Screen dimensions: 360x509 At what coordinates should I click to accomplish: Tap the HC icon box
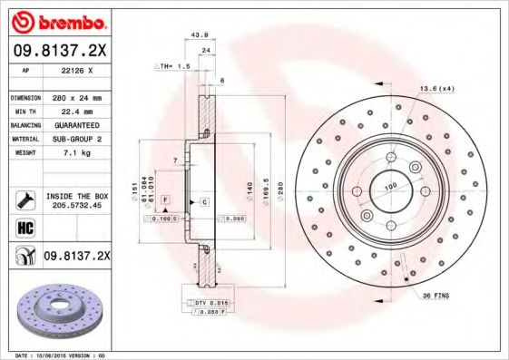click(x=22, y=227)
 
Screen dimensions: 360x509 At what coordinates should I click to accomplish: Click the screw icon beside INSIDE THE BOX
click(x=22, y=199)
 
